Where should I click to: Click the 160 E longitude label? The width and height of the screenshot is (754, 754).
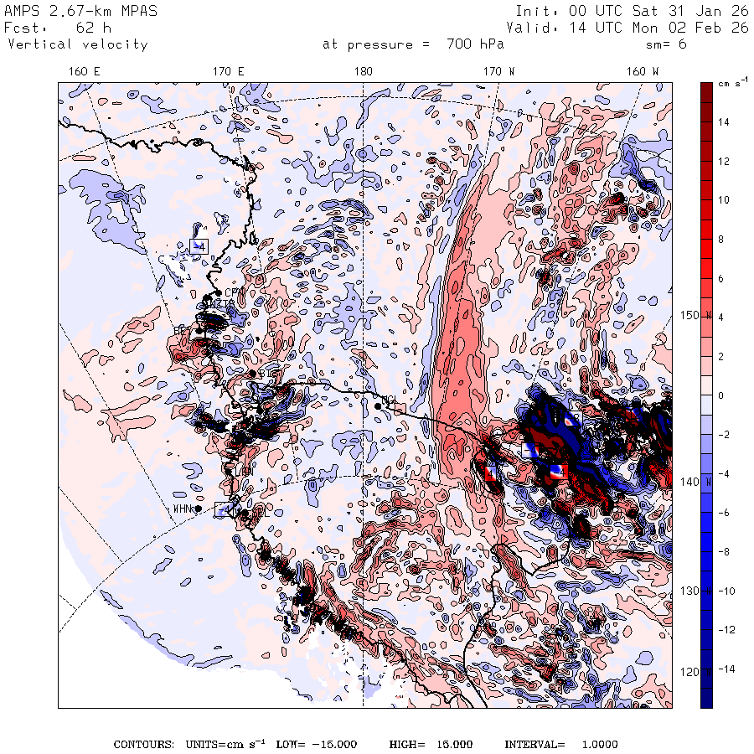(84, 72)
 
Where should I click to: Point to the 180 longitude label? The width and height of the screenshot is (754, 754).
(364, 72)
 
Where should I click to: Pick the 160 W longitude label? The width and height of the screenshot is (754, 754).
(643, 72)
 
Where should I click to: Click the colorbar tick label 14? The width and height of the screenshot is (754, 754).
(722, 122)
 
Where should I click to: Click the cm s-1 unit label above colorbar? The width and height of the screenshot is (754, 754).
(727, 85)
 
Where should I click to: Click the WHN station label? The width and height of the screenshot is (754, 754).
(183, 509)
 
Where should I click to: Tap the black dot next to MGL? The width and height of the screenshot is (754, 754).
(379, 405)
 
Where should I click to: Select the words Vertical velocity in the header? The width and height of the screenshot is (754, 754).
(77, 44)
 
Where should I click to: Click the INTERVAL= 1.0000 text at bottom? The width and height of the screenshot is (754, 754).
(560, 745)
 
